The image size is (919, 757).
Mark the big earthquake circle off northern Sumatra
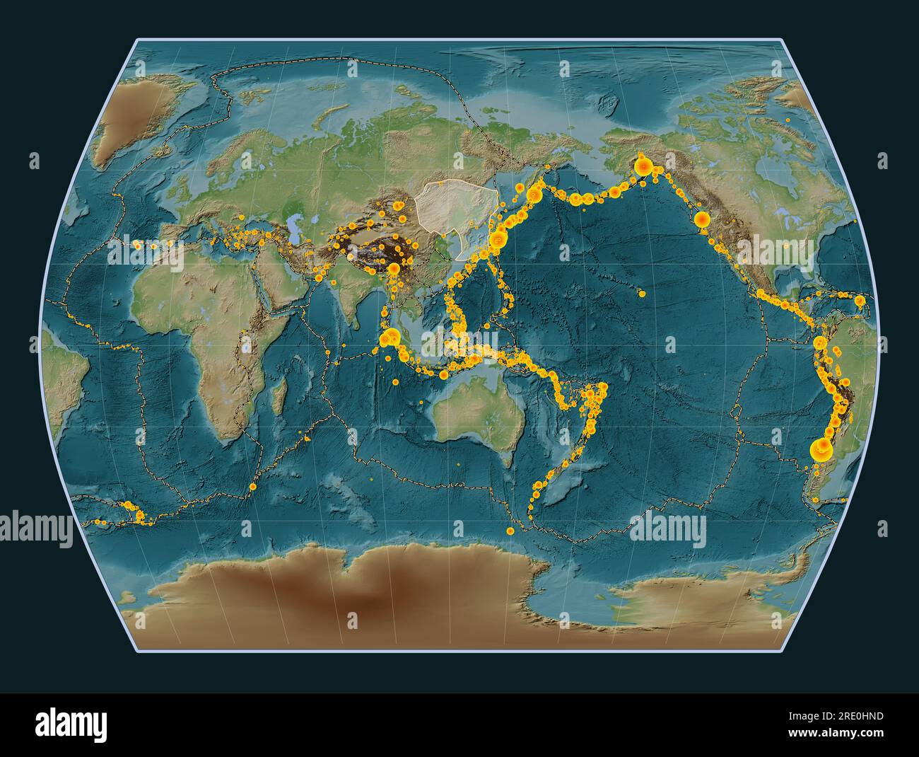click(x=386, y=340)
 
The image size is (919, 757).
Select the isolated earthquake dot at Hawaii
click(x=640, y=293)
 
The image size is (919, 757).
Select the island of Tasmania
click(x=503, y=463)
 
